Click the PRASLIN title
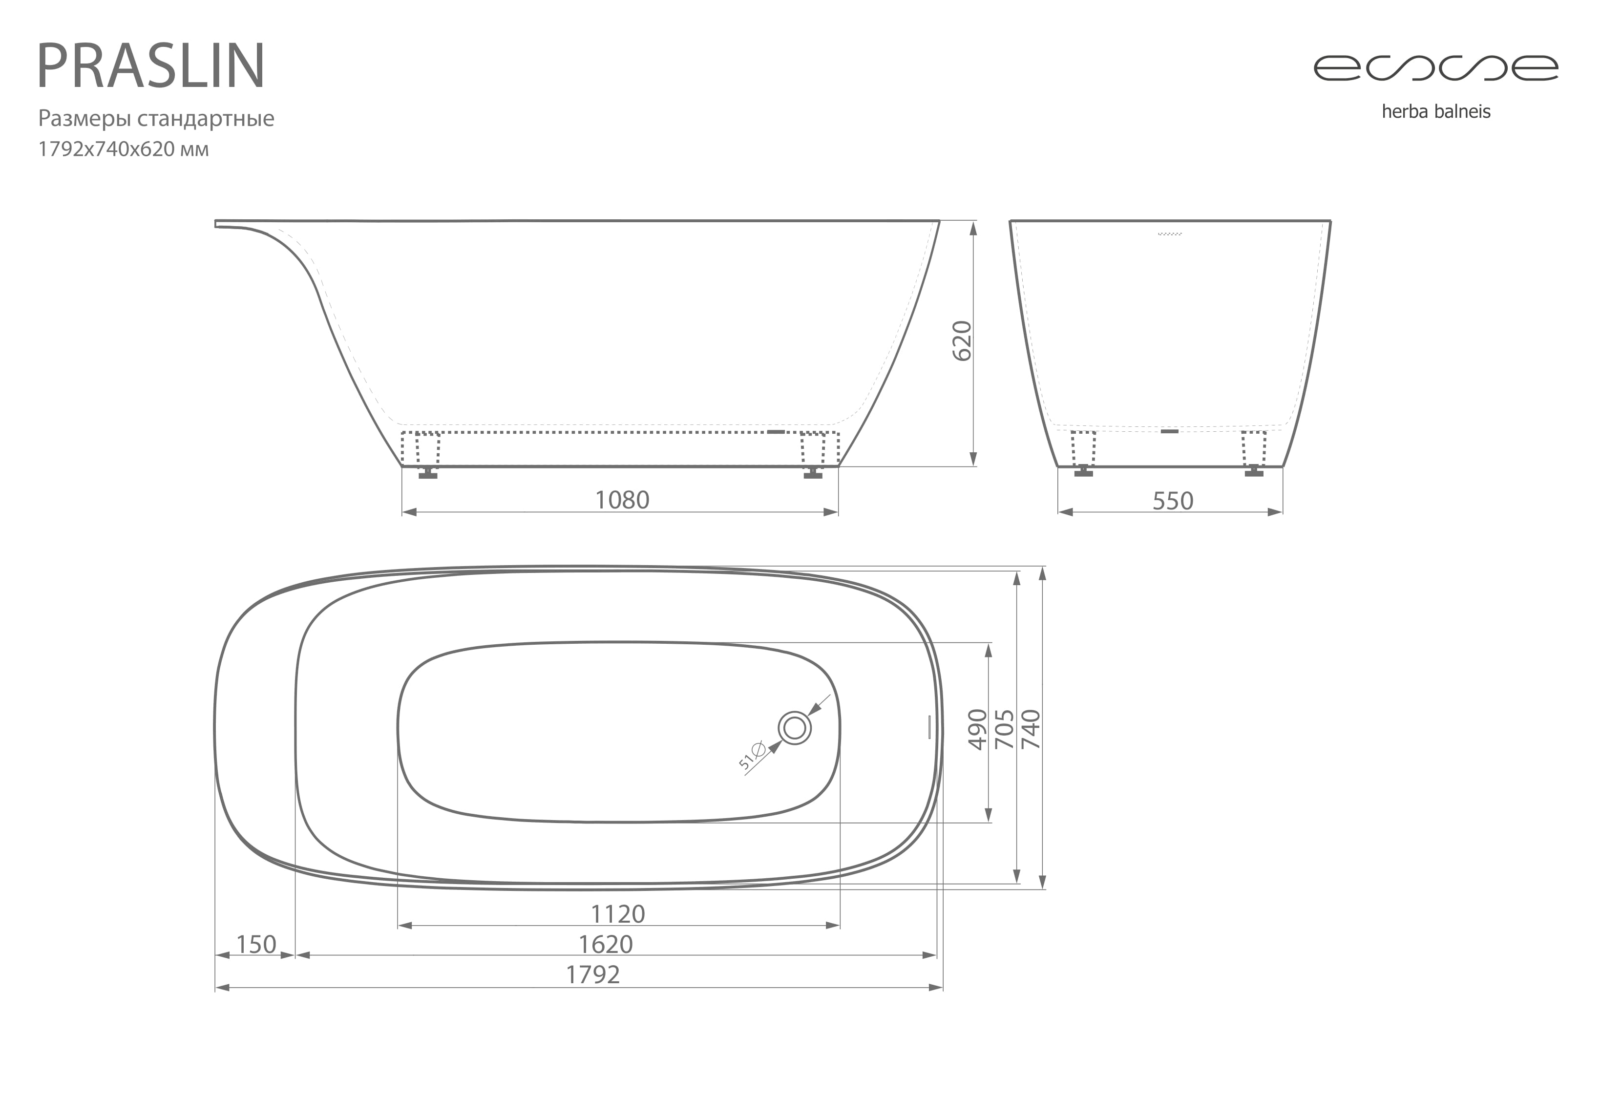[151, 65]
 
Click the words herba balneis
[1435, 112]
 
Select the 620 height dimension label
[961, 340]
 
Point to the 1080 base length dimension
[621, 500]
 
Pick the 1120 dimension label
[618, 914]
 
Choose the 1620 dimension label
[606, 944]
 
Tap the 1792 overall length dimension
[592, 974]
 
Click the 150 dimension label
[256, 944]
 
